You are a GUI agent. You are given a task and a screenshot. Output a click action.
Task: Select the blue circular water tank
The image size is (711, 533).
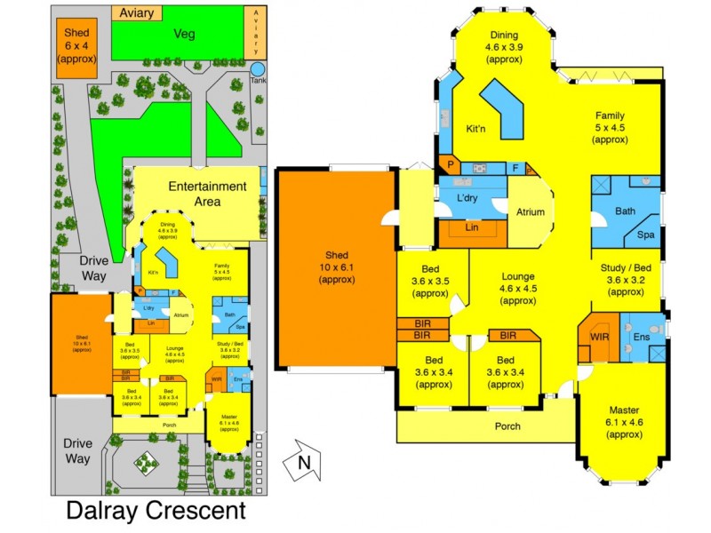(258, 69)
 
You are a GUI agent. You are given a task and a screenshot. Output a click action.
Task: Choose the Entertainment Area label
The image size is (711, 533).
(206, 194)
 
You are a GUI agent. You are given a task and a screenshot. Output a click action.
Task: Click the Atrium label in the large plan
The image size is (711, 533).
(531, 212)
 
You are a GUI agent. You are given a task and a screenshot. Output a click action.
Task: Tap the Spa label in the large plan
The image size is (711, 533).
(645, 234)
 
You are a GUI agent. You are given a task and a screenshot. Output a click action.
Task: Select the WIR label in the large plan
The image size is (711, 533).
(597, 338)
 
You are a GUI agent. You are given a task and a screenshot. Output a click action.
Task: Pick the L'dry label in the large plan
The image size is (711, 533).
(467, 197)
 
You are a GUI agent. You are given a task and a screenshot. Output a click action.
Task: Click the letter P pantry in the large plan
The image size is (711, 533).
(450, 164)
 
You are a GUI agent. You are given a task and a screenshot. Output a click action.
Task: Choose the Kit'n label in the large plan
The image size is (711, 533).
(476, 129)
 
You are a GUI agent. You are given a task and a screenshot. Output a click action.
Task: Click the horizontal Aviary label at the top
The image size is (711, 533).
(136, 13)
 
